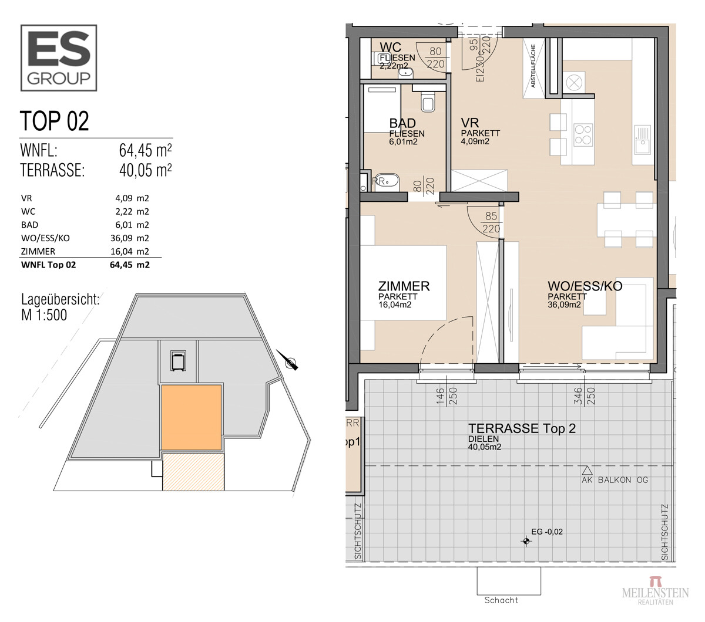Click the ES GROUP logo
click(59, 58)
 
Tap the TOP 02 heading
click(54, 121)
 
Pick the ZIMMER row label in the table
click(38, 251)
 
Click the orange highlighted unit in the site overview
click(192, 417)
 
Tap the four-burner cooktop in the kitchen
click(583, 134)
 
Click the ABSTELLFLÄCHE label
click(533, 66)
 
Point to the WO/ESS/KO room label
click(585, 286)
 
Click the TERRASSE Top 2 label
click(522, 428)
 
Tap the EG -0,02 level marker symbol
click(526, 541)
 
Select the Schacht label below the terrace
click(501, 600)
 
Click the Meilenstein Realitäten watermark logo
click(655, 591)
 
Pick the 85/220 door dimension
click(491, 222)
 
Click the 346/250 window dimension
click(584, 396)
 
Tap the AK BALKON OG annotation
click(615, 480)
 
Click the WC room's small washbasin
click(406, 72)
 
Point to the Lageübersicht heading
click(60, 299)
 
